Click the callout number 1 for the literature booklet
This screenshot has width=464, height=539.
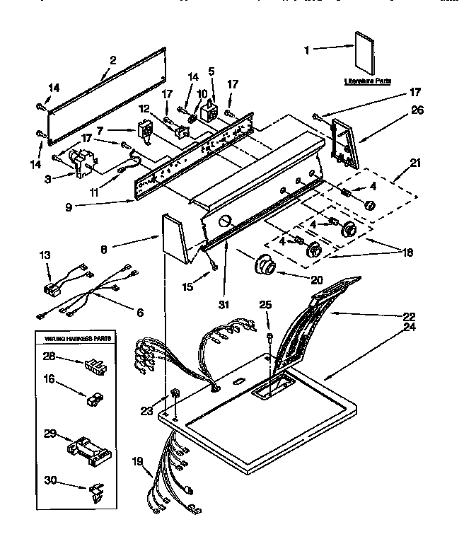click(x=306, y=50)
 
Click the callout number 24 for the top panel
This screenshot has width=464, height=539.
click(x=408, y=328)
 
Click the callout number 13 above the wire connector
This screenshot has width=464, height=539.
click(x=45, y=255)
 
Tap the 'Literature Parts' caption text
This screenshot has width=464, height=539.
click(x=368, y=81)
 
